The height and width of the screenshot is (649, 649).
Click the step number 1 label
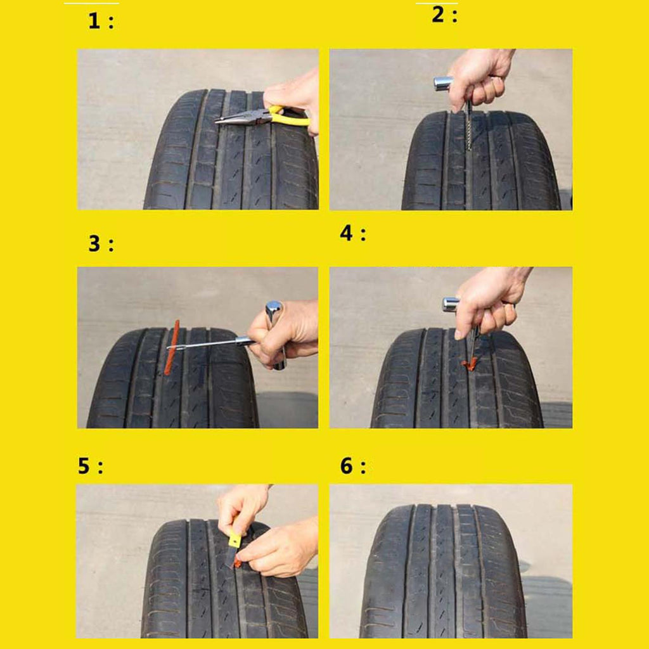click(x=101, y=21)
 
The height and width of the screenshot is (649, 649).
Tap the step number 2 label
click(x=444, y=15)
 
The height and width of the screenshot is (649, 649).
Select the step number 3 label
click(x=101, y=243)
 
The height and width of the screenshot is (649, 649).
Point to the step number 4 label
click(x=352, y=233)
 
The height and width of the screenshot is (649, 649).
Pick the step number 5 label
click(x=90, y=466)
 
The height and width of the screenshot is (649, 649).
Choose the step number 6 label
click(x=352, y=466)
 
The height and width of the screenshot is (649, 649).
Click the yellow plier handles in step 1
click(x=289, y=116)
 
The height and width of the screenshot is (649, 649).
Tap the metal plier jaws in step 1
click(x=242, y=117)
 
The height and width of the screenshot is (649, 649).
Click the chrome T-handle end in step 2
click(x=442, y=84)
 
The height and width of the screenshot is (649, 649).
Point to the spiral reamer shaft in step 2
click(x=470, y=126)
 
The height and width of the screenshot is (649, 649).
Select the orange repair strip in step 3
click(x=172, y=347)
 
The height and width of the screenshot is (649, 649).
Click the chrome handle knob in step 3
click(x=274, y=311)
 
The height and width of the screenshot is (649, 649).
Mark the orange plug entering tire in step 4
click(x=470, y=364)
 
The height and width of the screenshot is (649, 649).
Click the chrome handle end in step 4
click(x=451, y=305)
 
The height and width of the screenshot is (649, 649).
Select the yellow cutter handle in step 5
click(x=235, y=540)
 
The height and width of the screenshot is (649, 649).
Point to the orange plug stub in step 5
click(x=238, y=562)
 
